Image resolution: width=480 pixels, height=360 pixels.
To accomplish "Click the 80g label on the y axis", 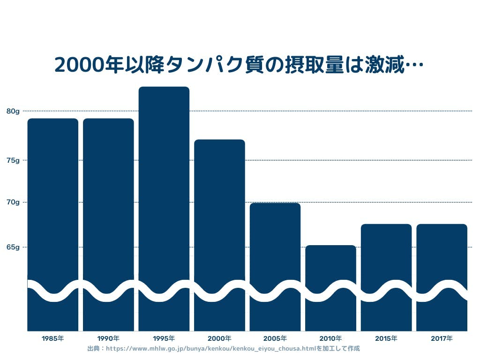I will tap(13, 111).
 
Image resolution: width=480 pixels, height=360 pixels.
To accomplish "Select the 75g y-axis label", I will tap(13, 160).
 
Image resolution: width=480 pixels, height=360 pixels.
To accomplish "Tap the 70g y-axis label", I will tap(13, 202).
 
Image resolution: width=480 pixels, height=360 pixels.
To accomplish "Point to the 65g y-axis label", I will tap(13, 247).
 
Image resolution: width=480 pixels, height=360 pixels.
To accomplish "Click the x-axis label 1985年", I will tap(52, 338).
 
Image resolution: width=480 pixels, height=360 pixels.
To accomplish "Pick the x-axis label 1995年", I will tap(164, 338).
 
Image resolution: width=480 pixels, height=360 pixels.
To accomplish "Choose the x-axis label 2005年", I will tap(275, 338).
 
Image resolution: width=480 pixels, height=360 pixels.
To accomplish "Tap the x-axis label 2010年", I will tap(330, 338).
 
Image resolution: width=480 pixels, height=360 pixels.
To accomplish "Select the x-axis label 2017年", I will tap(442, 338).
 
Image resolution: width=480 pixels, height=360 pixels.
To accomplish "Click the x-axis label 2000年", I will tap(219, 338).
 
